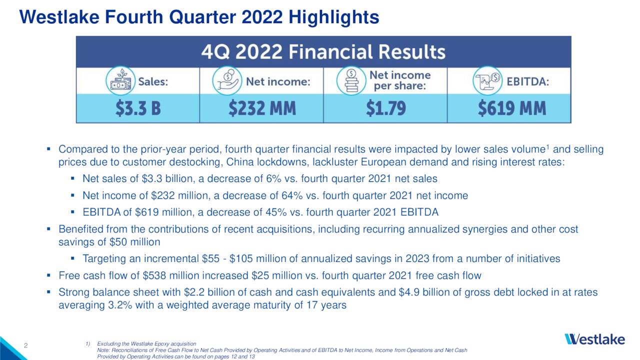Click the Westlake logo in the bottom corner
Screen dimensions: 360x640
pos(594,339)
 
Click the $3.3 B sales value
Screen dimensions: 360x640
pos(138,108)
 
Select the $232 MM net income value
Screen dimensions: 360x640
pos(262,108)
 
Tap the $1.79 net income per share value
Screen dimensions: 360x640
pos(385,108)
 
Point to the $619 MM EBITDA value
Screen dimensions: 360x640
pos(511,108)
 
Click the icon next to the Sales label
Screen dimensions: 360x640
pos(120,81)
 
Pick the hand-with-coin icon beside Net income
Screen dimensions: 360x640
pos(227,81)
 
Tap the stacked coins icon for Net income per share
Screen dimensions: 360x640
pos(351,81)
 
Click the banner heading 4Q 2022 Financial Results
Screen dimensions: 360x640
pos(323,52)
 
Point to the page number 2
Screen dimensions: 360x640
pos(25,344)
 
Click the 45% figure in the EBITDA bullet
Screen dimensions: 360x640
pos(263,212)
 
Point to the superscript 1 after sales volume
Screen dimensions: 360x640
pos(548,147)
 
